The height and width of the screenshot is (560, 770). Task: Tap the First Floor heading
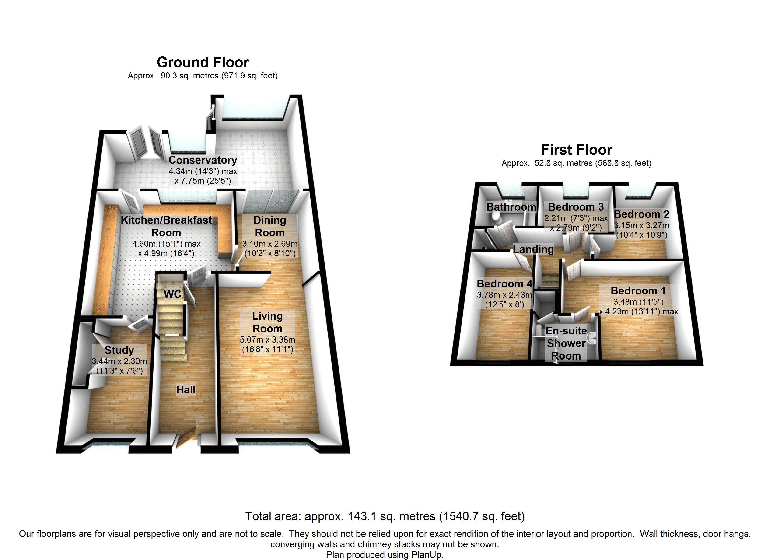[577, 150]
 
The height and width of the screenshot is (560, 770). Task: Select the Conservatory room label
[203, 160]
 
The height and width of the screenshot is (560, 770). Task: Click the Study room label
[119, 350]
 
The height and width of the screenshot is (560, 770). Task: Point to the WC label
[173, 294]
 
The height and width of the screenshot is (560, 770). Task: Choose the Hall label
[186, 389]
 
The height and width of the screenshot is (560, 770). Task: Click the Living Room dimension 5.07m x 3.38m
[268, 339]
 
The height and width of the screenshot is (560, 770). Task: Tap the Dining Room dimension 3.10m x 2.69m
[270, 244]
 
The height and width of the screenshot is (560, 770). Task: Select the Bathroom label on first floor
[511, 207]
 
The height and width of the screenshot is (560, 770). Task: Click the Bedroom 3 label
[576, 207]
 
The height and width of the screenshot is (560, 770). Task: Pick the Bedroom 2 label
[642, 214]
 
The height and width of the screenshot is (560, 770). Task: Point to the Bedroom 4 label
[504, 283]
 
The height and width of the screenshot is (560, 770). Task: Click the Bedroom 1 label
[638, 291]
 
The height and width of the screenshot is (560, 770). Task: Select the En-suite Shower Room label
[566, 343]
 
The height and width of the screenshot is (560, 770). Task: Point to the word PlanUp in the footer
[427, 555]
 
